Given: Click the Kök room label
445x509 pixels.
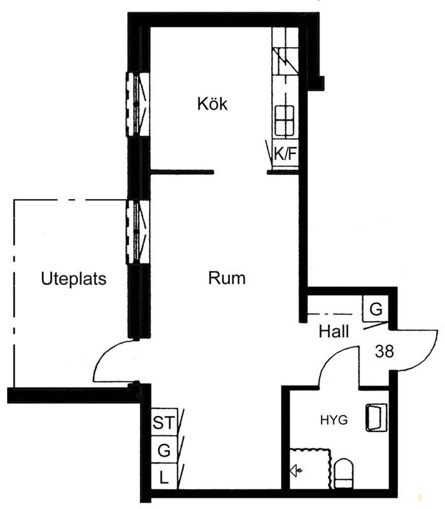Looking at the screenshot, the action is pyautogui.click(x=212, y=104).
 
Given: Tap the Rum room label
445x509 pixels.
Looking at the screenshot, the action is pyautogui.click(x=227, y=278).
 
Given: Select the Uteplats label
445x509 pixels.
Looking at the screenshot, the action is pyautogui.click(x=74, y=279).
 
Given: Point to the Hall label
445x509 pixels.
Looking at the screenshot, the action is pyautogui.click(x=334, y=331).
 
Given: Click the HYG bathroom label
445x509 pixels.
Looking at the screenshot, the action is pyautogui.click(x=334, y=421).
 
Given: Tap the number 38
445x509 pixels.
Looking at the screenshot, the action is pyautogui.click(x=385, y=351).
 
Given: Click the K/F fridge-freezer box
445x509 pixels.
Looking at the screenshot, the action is pyautogui.click(x=285, y=153).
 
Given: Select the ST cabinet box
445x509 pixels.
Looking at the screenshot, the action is pyautogui.click(x=164, y=422).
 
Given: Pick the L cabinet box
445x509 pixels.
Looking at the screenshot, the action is pyautogui.click(x=164, y=476).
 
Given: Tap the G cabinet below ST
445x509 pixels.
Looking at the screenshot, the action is pyautogui.click(x=164, y=449).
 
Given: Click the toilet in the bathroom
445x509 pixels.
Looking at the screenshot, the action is pyautogui.click(x=344, y=473).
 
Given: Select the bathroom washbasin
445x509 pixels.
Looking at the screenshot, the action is pyautogui.click(x=376, y=417).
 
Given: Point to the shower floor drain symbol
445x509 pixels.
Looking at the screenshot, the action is pyautogui.click(x=296, y=470).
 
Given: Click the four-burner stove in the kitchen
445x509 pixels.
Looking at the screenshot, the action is pyautogui.click(x=285, y=120).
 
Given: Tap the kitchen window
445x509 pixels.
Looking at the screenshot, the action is pyautogui.click(x=138, y=104).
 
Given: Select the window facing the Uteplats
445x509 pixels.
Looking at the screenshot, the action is pyautogui.click(x=138, y=232).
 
